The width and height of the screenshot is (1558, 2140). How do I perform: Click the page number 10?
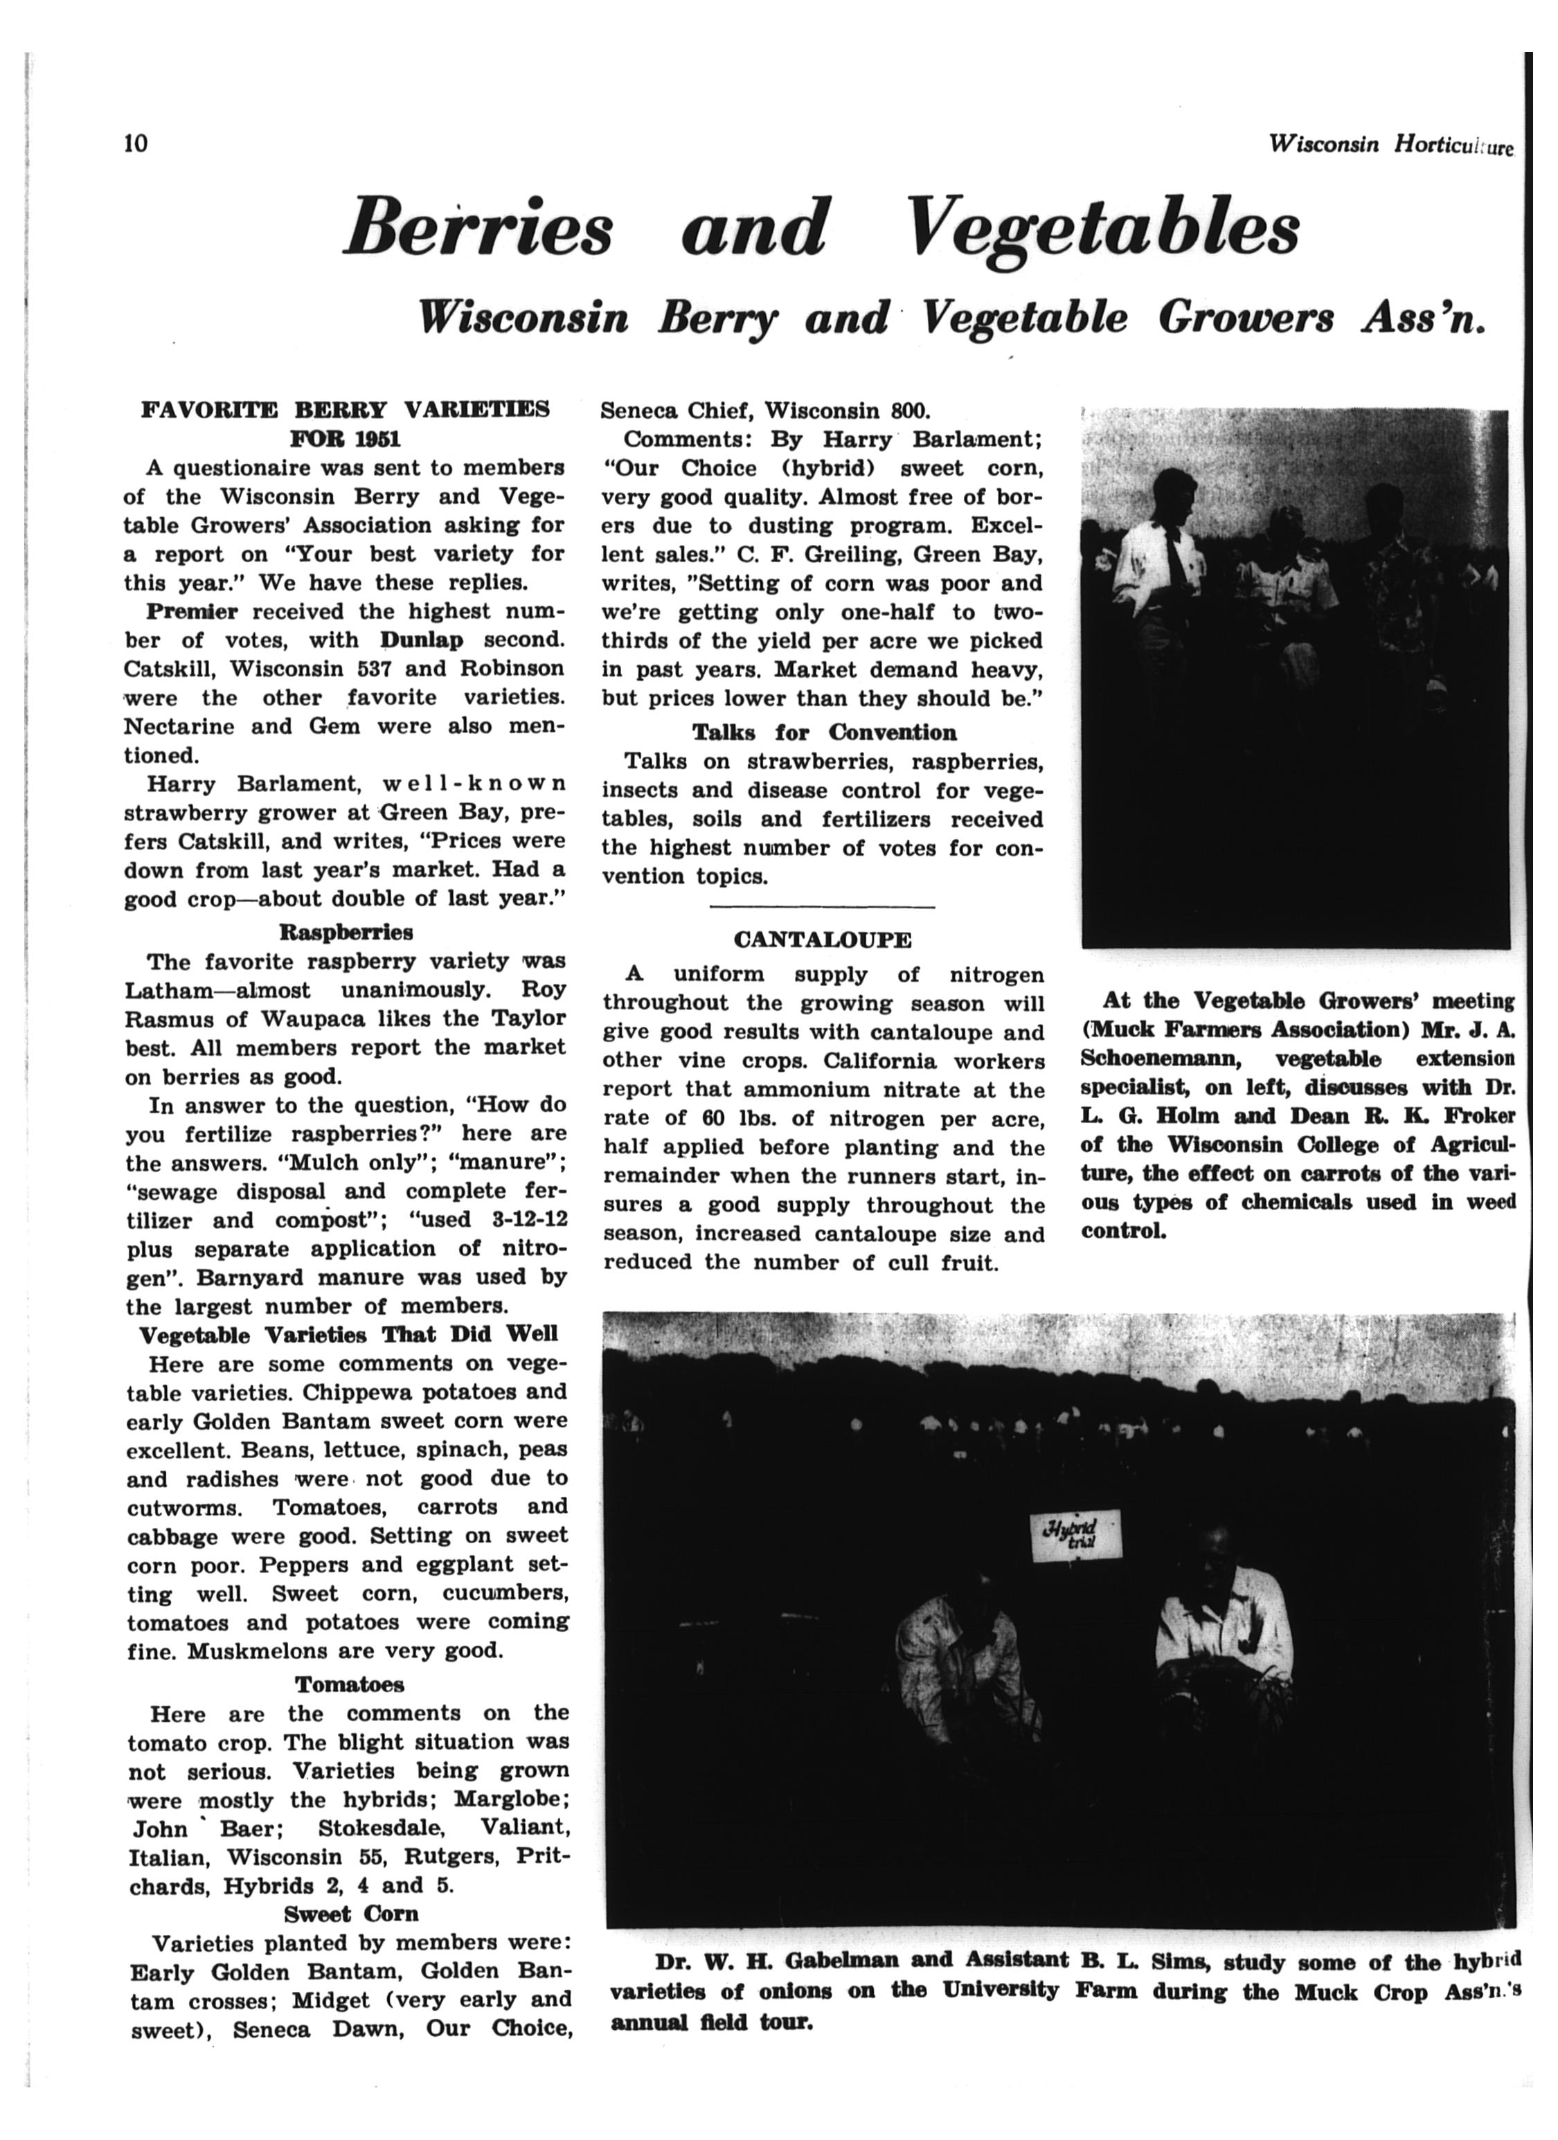[x=136, y=143]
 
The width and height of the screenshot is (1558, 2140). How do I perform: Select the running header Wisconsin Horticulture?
[x=1391, y=145]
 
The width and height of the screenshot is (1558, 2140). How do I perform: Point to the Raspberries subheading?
[x=346, y=933]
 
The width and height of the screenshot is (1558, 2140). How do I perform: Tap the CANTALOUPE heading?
[x=822, y=941]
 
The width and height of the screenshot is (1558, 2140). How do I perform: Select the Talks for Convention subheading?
[x=824, y=732]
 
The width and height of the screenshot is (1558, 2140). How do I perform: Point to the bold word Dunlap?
[x=422, y=640]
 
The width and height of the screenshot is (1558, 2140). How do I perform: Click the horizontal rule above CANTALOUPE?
[x=822, y=907]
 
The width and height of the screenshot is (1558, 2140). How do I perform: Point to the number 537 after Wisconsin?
[x=364, y=669]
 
